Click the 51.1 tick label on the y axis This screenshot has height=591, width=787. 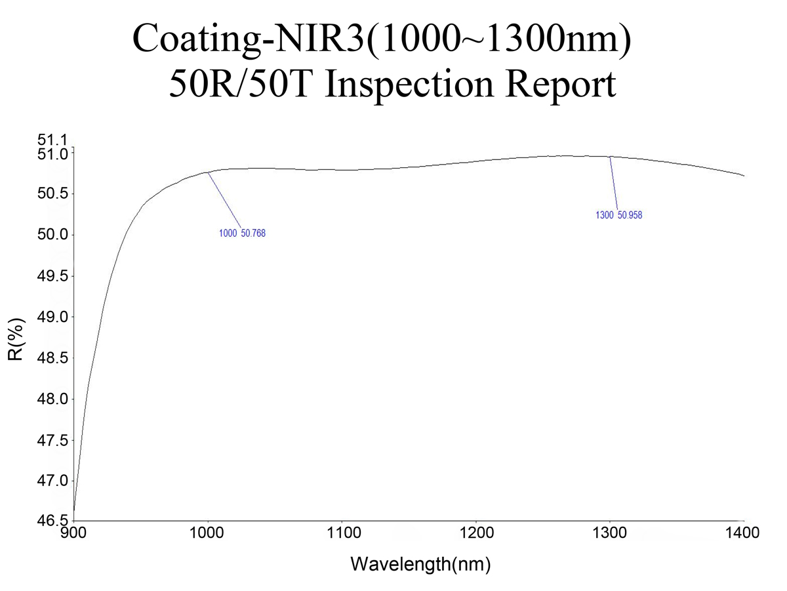coord(53,140)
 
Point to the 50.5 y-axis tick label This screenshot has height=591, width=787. coord(53,194)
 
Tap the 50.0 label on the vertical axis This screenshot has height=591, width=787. coord(53,235)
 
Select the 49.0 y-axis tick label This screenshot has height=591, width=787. coord(53,317)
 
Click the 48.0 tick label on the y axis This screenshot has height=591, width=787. coord(53,399)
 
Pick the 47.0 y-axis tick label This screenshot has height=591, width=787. coord(53,481)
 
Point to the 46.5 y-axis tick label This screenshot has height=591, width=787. coord(53,521)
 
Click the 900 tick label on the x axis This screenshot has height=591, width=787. coord(74,533)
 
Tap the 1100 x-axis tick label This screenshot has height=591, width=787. coord(342,533)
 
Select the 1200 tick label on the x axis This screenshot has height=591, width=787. coord(476,533)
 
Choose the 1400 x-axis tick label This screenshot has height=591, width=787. coord(744,533)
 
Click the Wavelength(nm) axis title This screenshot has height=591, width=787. coord(420,563)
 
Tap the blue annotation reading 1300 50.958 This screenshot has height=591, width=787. coord(618,215)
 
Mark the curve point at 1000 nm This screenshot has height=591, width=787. coord(208,173)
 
